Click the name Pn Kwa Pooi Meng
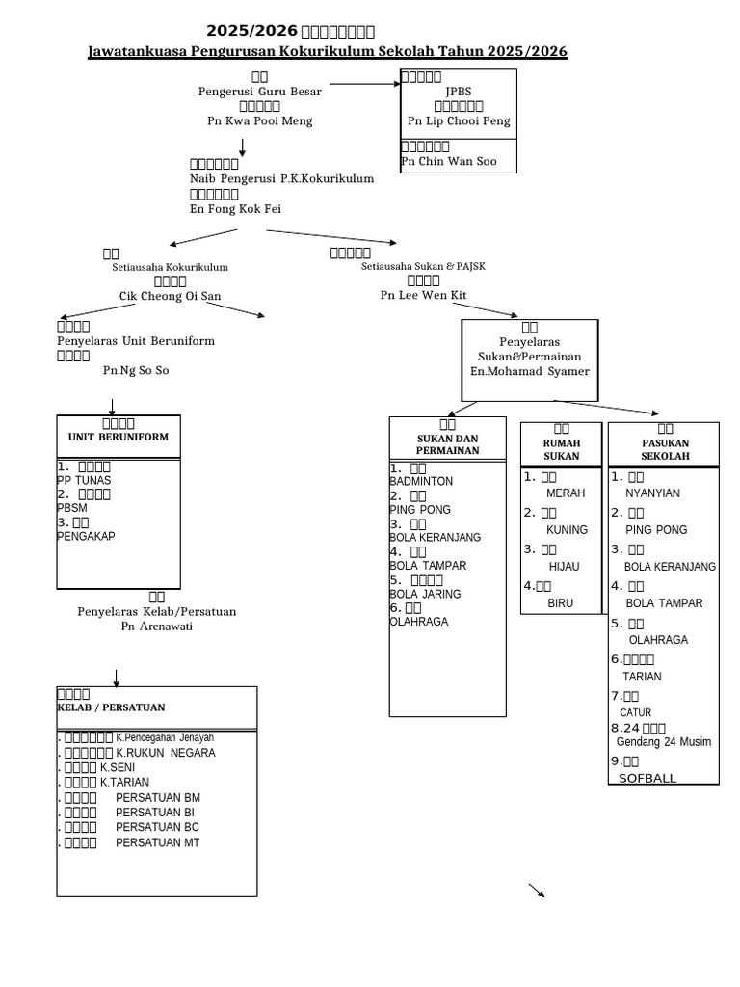tap(259, 121)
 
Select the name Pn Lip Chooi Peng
tap(459, 121)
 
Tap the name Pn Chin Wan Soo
tap(449, 161)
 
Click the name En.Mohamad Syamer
tap(529, 371)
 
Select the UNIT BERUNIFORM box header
tap(119, 437)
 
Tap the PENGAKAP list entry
tap(86, 536)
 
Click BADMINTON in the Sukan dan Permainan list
tap(421, 481)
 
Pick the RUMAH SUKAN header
tap(562, 449)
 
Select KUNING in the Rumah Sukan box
tap(567, 530)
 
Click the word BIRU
tap(560, 603)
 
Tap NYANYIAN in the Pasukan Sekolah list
tap(652, 493)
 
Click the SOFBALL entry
tap(647, 778)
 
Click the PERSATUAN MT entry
tap(158, 843)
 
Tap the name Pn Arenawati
tap(157, 627)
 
